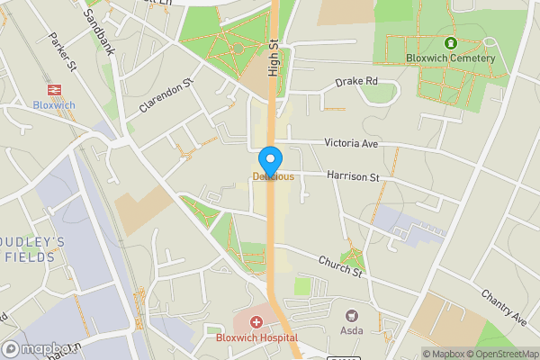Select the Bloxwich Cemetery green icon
(450, 42)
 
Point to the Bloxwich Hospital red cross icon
(256, 322)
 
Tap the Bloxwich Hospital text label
(256, 338)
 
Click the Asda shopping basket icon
(352, 315)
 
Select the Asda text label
(352, 330)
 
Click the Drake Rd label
(355, 81)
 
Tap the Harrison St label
(353, 177)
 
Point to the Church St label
(339, 265)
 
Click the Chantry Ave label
(502, 307)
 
